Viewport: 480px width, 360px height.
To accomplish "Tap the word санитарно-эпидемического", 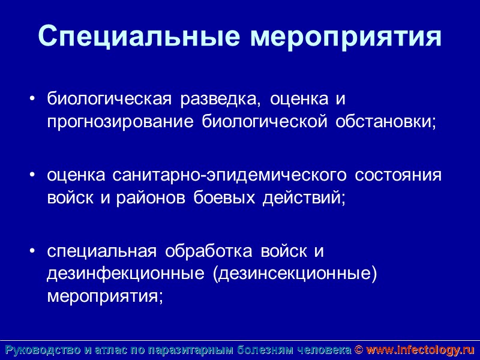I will pos(229,176).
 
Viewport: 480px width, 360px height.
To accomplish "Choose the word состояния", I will pos(398,176).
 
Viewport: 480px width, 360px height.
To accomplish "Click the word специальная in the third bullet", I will pos(102,251).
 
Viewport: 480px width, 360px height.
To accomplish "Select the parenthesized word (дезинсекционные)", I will pos(294,274).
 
